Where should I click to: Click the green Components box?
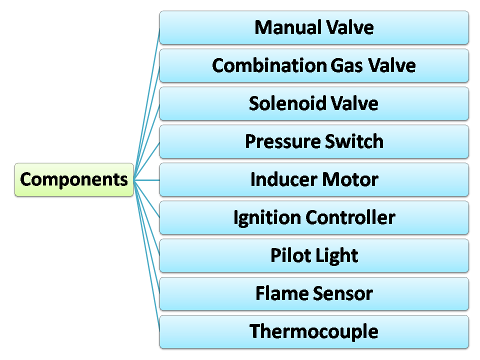tap(74, 179)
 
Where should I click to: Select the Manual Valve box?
tap(314, 27)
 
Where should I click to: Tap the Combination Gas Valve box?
tap(314, 65)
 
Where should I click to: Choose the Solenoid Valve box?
tap(314, 103)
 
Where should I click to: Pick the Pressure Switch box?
tap(314, 141)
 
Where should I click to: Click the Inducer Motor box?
tap(314, 179)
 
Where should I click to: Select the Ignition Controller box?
tap(314, 217)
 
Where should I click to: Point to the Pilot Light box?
tap(314, 255)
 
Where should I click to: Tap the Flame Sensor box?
tap(314, 293)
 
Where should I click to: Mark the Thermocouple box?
tap(314, 331)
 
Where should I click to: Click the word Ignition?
tap(266, 218)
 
